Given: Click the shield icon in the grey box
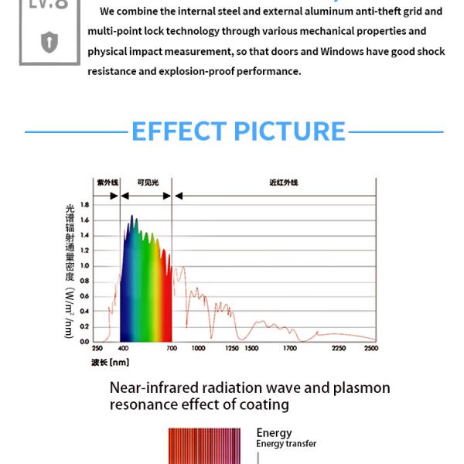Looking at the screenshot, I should (x=49, y=43).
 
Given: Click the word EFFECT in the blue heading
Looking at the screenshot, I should (x=177, y=131).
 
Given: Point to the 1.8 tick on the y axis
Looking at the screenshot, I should (x=85, y=205).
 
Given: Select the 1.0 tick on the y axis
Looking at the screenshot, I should (x=85, y=266).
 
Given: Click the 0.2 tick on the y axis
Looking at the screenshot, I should (x=85, y=326).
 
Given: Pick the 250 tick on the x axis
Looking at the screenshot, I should (x=97, y=349).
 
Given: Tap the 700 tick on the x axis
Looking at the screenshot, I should (x=172, y=349).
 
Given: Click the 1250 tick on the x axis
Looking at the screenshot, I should (x=231, y=349).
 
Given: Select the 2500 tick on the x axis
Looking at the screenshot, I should (x=371, y=349).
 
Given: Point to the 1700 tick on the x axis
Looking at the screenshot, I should (x=289, y=349).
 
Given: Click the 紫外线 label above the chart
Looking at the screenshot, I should (x=107, y=183).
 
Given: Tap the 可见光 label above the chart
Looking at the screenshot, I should (x=147, y=183).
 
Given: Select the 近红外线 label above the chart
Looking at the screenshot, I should (x=283, y=183).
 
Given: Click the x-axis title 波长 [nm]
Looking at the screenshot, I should (x=110, y=362).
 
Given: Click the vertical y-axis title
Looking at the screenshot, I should (x=70, y=271).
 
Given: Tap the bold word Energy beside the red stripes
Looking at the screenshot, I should (x=274, y=433).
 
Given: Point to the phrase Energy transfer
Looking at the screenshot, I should (x=286, y=444).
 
